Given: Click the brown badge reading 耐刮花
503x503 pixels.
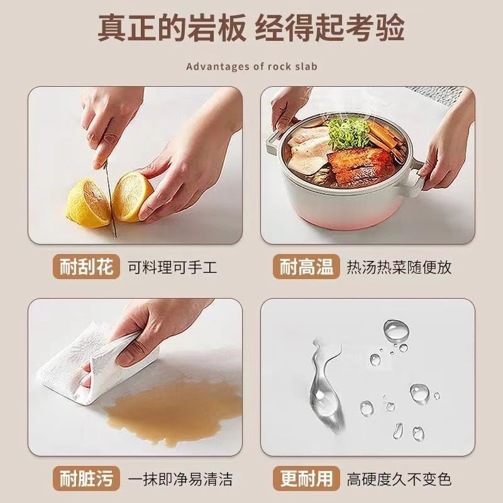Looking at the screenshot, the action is (x=86, y=267).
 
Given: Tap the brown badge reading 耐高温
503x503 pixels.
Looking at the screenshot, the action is (x=306, y=267).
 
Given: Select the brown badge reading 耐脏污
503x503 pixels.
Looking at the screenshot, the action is (x=86, y=478).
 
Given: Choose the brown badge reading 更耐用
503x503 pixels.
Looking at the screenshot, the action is (x=306, y=478).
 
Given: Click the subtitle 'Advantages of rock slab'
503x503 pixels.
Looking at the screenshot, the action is (x=252, y=67).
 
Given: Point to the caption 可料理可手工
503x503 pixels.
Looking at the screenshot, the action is (x=172, y=267).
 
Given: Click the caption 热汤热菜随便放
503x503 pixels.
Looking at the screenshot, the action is (x=399, y=267).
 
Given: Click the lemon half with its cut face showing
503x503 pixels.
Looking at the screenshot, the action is (x=131, y=196).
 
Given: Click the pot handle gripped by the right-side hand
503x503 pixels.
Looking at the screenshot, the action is (x=417, y=177).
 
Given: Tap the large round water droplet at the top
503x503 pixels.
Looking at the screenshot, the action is (x=396, y=331).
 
